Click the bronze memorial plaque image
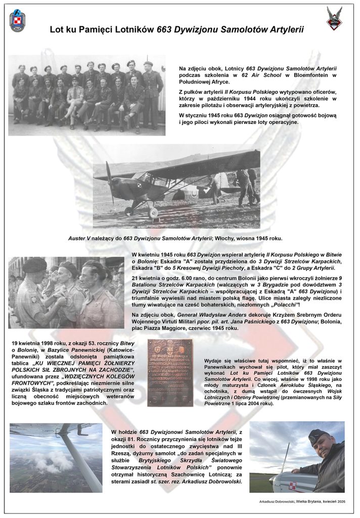pos(170,372)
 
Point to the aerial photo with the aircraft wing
pos(56,457)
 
